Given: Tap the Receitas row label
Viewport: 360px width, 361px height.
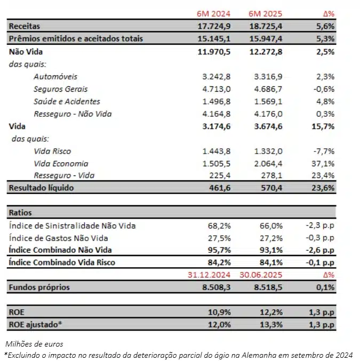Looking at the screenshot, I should click(x=25, y=26).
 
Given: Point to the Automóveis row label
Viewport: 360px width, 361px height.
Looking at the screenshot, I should click(x=55, y=77).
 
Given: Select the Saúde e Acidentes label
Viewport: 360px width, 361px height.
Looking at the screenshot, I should click(x=67, y=101).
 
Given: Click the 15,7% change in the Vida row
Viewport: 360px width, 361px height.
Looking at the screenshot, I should click(x=323, y=126).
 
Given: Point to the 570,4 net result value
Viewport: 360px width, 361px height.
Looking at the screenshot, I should click(x=265, y=188).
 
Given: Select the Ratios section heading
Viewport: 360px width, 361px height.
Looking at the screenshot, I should click(x=20, y=212).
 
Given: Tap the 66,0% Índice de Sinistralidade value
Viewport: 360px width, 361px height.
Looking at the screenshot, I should click(x=265, y=226).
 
